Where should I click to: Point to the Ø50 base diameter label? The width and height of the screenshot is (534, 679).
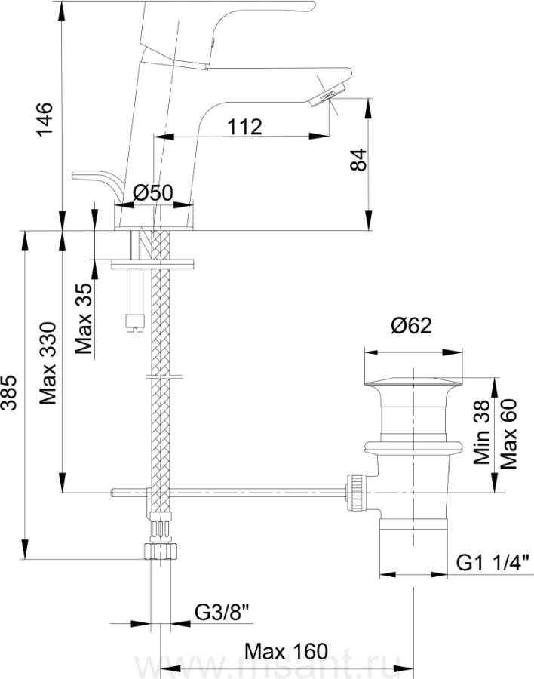[x=153, y=193]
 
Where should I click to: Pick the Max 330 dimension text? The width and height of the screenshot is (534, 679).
[x=48, y=364]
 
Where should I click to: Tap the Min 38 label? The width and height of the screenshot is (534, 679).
[x=483, y=432]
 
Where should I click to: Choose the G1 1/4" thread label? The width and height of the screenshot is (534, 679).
[x=493, y=561]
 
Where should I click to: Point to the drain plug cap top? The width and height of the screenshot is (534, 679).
[x=413, y=379]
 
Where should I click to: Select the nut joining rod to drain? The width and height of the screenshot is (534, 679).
[x=356, y=493]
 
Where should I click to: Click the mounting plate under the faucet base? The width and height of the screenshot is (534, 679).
[x=152, y=264]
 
